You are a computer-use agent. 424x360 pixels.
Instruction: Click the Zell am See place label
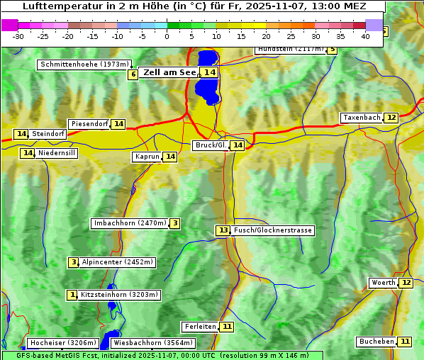(x=169, y=72)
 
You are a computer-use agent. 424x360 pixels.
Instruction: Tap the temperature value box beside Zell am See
(x=208, y=72)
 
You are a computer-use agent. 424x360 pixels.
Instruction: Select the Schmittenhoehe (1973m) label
(x=84, y=64)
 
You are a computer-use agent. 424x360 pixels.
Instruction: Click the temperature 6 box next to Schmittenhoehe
(x=133, y=74)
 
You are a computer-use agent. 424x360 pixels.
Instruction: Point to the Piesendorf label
(x=89, y=124)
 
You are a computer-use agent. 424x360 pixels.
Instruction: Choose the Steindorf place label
(x=48, y=134)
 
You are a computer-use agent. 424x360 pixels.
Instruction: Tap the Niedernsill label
(x=57, y=153)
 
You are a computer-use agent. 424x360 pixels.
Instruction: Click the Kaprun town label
(x=147, y=157)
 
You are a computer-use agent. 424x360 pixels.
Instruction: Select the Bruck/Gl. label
(x=211, y=145)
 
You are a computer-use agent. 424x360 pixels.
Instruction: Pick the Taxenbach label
(x=362, y=118)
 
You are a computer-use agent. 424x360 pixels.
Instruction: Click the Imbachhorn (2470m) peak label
(x=130, y=224)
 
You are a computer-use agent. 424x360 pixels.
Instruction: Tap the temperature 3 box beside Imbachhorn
(x=174, y=224)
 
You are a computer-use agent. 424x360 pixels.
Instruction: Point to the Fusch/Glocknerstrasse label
(x=272, y=230)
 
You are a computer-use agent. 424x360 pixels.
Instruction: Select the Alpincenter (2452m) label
(x=117, y=262)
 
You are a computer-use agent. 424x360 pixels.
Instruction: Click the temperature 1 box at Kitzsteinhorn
(x=72, y=295)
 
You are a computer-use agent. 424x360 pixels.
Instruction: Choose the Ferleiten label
(x=200, y=327)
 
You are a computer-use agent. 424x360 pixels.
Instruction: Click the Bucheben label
(x=376, y=342)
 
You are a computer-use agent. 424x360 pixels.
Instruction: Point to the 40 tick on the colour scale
(x=365, y=36)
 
